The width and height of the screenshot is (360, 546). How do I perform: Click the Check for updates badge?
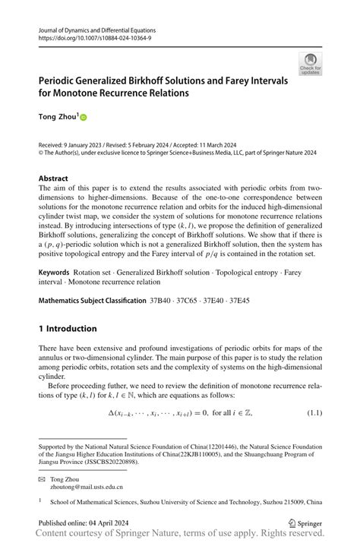311,63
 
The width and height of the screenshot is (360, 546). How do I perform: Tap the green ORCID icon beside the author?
84,118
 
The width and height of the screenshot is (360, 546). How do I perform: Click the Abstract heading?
58,178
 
